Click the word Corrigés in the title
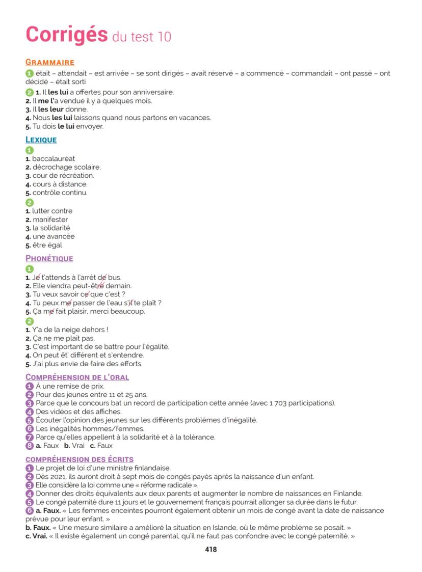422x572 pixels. tap(66, 34)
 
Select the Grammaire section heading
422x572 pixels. tap(50, 63)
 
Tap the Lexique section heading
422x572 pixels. tap(41, 140)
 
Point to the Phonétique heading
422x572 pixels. tap(49, 258)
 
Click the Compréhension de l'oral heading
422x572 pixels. tap(77, 377)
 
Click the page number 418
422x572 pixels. tap(210, 549)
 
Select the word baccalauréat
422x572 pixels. tap(54, 159)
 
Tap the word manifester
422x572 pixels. tap(50, 220)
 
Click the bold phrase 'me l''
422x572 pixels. tap(45, 101)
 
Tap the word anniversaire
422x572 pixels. tap(152, 92)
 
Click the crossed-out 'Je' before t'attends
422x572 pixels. tap(36, 277)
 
